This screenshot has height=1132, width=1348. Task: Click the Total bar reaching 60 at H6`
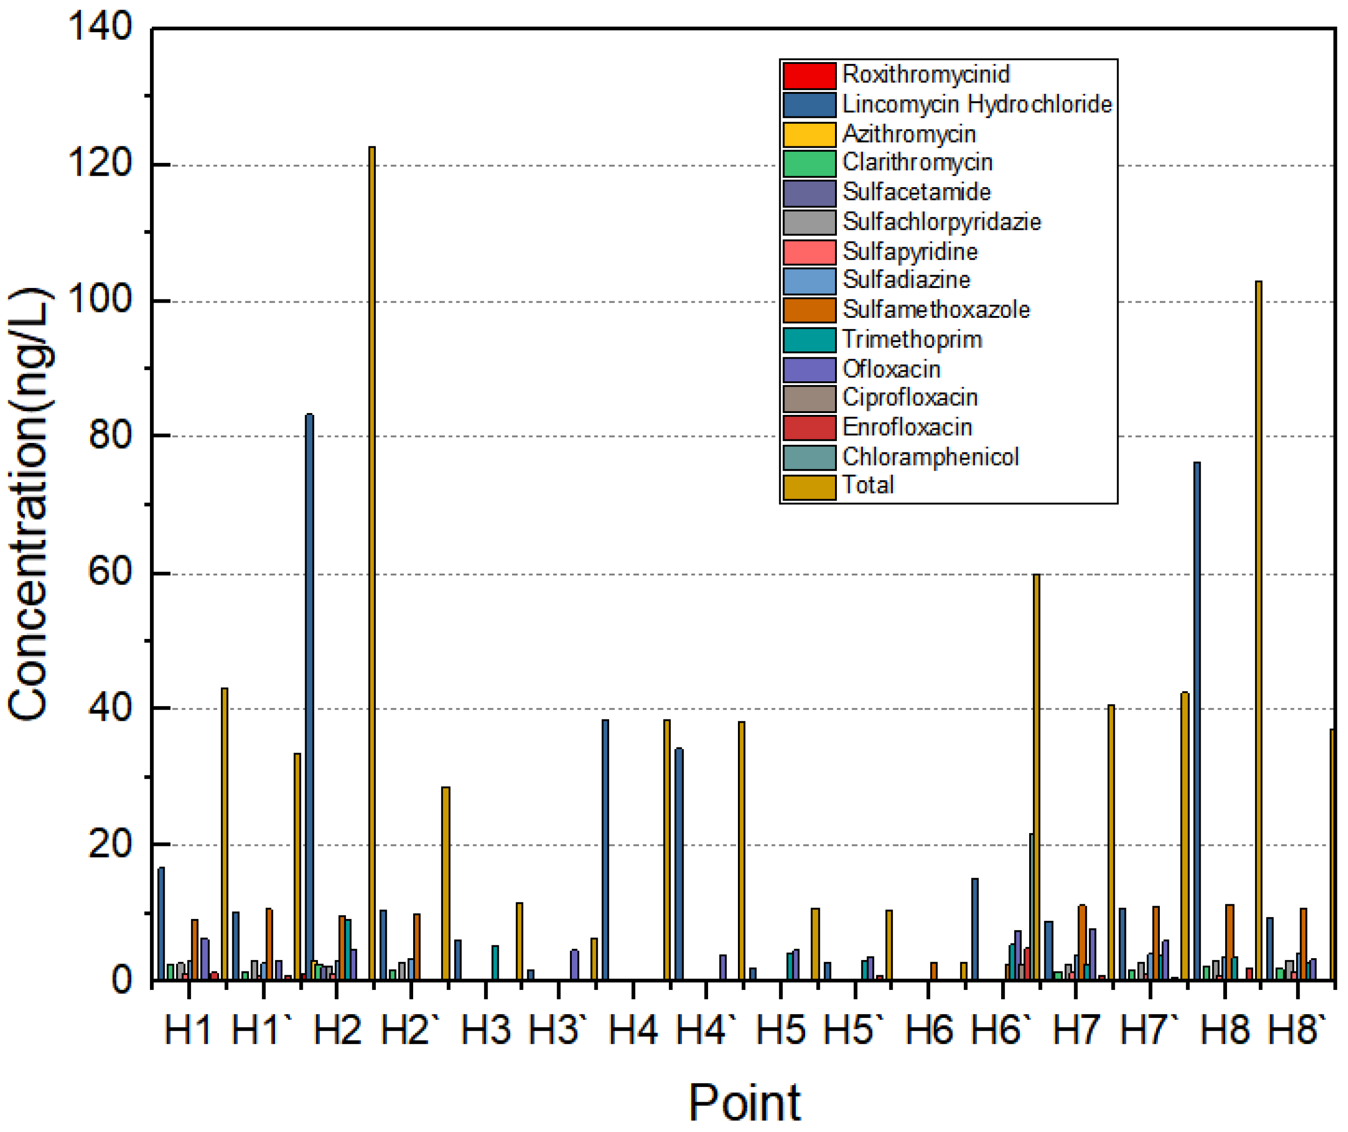(1036, 770)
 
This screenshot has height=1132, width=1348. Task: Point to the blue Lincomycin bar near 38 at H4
(605, 847)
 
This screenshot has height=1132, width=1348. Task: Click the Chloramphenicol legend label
(930, 457)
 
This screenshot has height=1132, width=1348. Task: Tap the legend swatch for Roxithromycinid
(809, 75)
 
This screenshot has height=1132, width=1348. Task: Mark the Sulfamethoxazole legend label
(936, 309)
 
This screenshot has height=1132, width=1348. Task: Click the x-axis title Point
(744, 1103)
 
